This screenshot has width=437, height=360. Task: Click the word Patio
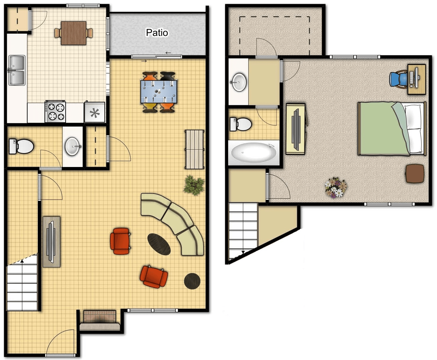[x=157, y=33]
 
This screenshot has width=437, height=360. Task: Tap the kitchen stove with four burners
[x=55, y=111]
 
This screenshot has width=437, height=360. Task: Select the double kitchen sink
[x=17, y=70]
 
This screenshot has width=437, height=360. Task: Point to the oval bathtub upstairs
[x=254, y=153]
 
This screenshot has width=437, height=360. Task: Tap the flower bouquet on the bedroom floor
[x=335, y=187]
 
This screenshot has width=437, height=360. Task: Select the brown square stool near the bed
[x=415, y=173]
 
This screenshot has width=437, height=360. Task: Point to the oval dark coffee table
[x=159, y=244]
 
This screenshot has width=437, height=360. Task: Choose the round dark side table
[x=192, y=281]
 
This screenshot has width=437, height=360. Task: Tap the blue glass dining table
[x=159, y=92]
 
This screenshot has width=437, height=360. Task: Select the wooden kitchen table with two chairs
[x=74, y=33]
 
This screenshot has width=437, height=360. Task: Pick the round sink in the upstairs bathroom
[x=239, y=82]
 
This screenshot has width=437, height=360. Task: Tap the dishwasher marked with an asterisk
[x=95, y=112]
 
